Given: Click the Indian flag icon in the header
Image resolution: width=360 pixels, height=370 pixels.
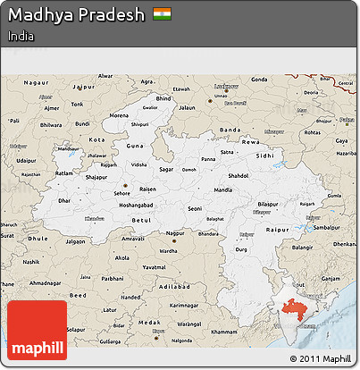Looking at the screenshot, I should [161, 15].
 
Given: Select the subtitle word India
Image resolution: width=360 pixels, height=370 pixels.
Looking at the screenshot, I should [23, 36].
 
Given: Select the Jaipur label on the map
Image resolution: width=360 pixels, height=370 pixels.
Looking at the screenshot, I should [84, 87].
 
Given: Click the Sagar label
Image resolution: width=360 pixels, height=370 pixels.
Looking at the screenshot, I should [165, 167].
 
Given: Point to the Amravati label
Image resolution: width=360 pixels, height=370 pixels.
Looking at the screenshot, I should [134, 240].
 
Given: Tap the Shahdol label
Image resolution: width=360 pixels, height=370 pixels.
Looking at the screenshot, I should [239, 175].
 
